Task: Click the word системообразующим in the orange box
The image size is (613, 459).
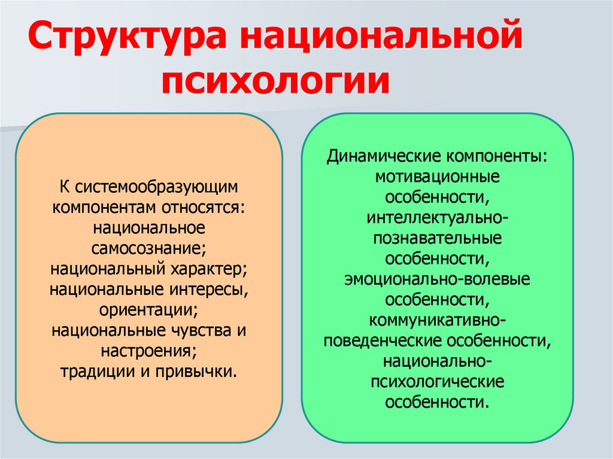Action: [x=157, y=187]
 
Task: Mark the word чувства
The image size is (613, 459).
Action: [x=198, y=330]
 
